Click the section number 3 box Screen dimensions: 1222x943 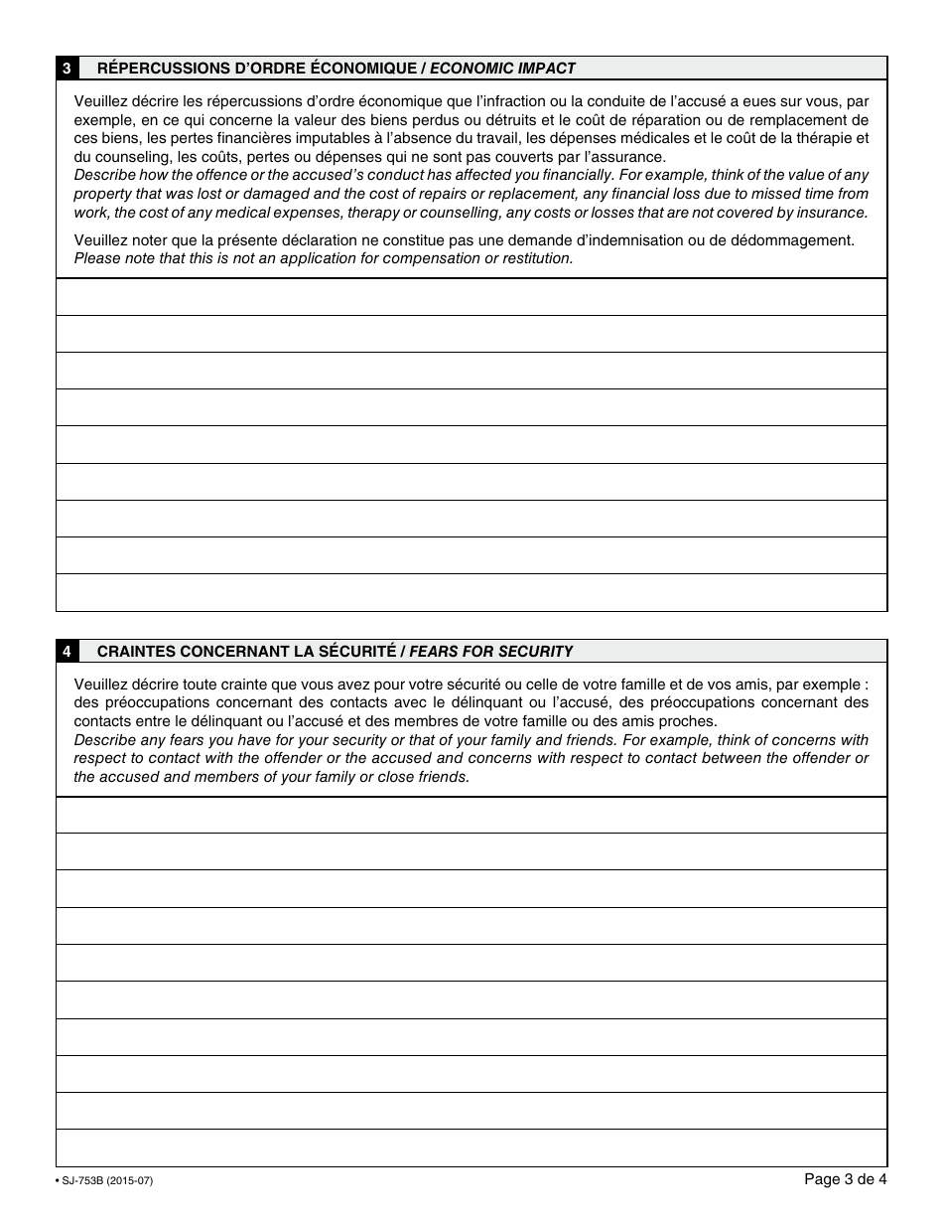click(x=67, y=69)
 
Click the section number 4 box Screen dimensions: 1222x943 click(x=67, y=652)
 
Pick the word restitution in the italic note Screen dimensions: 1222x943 click(x=535, y=258)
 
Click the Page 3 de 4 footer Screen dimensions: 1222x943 click(x=845, y=1179)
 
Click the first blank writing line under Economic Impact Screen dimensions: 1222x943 click(x=471, y=297)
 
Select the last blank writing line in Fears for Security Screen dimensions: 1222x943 click(x=471, y=1147)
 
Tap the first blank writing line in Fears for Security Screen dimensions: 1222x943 click(x=471, y=815)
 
